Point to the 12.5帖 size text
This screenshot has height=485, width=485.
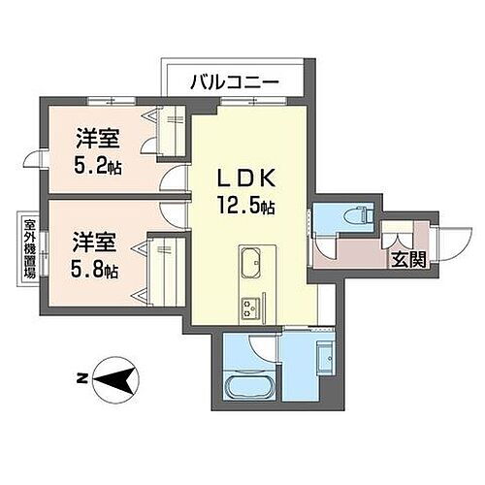click(246, 206)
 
